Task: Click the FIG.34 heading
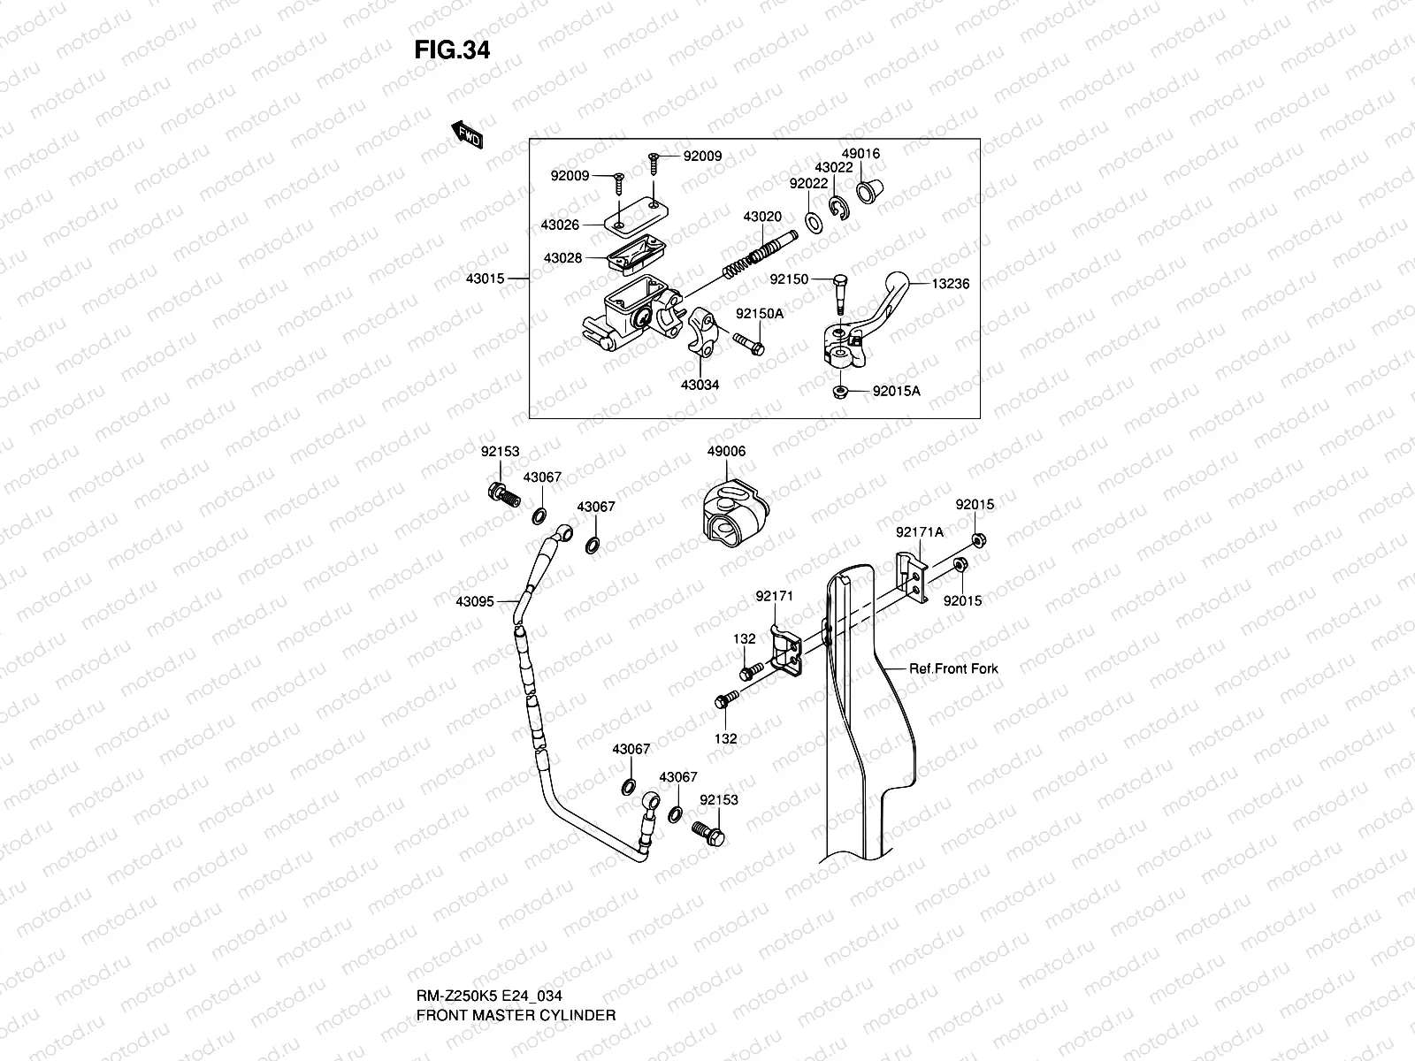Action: point(452,50)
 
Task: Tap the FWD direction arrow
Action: point(468,135)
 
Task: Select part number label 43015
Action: point(484,279)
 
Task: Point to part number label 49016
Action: point(860,154)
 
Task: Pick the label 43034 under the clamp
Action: point(700,385)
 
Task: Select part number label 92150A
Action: point(760,314)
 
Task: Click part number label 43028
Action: point(562,258)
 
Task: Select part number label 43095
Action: point(474,601)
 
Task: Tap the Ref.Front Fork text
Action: point(953,668)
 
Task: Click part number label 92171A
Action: point(919,532)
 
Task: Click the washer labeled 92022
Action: point(813,220)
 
